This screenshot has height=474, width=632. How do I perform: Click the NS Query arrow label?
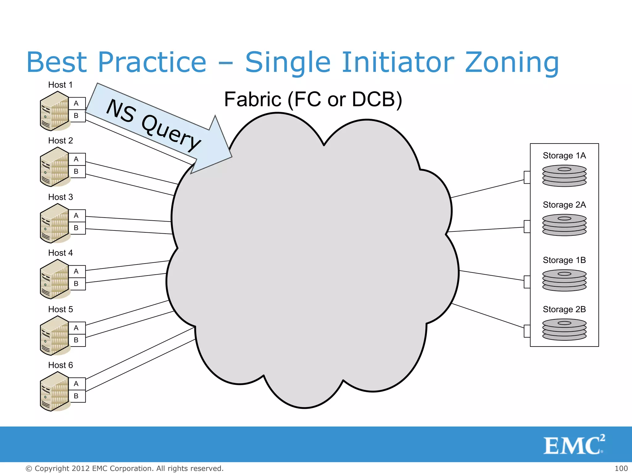[x=153, y=125]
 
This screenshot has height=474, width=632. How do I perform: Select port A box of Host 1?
[x=77, y=103]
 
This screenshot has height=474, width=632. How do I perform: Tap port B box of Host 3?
[x=77, y=228]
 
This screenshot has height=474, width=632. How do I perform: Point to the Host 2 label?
[x=60, y=141]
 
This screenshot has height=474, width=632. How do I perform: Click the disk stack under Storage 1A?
[x=564, y=176]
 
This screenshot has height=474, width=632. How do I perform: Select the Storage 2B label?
[x=564, y=309]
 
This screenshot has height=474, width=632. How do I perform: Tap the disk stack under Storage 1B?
[x=564, y=280]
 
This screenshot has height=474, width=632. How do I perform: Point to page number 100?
[x=621, y=468]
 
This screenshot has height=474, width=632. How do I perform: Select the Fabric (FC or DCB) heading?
[x=313, y=99]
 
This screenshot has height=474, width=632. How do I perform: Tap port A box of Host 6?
[x=77, y=384]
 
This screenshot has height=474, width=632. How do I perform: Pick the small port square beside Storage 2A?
[x=527, y=227]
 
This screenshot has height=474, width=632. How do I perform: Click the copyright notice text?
[x=124, y=468]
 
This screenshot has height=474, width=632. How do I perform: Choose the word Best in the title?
[x=57, y=63]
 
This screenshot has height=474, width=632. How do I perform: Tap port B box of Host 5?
[x=77, y=340]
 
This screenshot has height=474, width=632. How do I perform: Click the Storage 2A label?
[x=564, y=205]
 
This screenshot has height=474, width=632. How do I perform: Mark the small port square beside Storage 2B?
[x=527, y=331]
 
